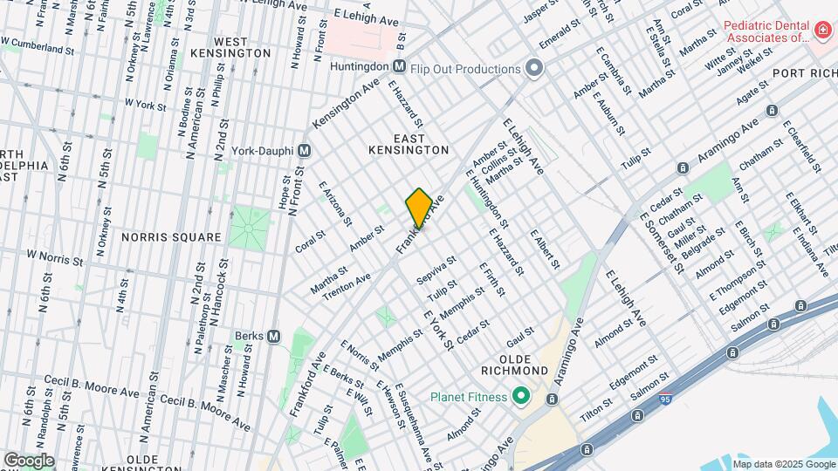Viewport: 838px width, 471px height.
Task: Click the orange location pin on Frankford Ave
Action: click(x=419, y=208)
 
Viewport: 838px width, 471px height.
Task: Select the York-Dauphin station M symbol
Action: click(x=305, y=150)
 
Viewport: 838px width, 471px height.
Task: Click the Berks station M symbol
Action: click(x=273, y=336)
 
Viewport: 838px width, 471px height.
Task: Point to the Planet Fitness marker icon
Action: click(x=521, y=397)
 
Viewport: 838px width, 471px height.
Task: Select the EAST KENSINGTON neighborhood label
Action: click(x=409, y=144)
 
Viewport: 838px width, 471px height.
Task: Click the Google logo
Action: click(x=29, y=460)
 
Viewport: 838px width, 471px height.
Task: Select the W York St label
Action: click(x=145, y=104)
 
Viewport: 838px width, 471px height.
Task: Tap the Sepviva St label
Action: click(x=436, y=270)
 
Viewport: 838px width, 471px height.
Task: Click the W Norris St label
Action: click(x=54, y=259)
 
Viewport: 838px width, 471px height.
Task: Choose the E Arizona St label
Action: click(x=335, y=202)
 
